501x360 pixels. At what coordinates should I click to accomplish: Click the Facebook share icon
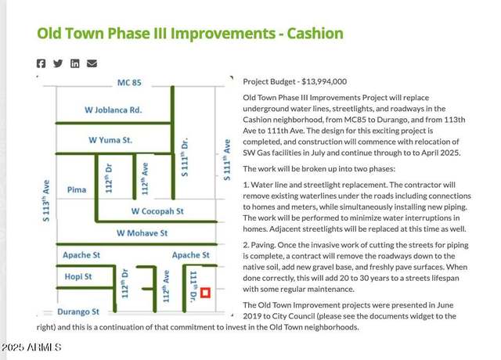click(41, 63)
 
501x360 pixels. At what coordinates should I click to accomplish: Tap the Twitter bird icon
click(58, 63)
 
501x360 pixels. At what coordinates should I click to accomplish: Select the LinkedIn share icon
click(75, 63)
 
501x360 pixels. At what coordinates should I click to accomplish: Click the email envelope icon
click(92, 63)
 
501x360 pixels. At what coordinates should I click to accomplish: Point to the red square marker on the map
click(205, 293)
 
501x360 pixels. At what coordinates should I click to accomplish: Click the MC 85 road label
click(129, 82)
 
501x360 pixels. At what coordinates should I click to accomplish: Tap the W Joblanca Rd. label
click(113, 110)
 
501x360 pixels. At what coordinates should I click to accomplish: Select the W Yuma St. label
click(110, 140)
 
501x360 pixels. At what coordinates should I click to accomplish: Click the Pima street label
click(77, 189)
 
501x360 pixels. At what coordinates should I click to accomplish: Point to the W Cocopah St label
click(157, 211)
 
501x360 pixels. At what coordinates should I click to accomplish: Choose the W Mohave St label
click(142, 233)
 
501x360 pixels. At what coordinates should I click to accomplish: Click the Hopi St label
click(78, 276)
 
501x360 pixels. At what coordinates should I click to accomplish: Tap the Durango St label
click(78, 311)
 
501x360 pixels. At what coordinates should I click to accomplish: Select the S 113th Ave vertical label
click(46, 200)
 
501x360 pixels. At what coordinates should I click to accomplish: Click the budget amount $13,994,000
click(324, 81)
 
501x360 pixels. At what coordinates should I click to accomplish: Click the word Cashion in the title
click(315, 33)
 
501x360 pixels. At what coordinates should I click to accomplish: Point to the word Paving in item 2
click(263, 245)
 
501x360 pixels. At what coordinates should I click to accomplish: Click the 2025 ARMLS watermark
click(31, 347)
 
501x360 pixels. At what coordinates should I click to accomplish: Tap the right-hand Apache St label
click(191, 255)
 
